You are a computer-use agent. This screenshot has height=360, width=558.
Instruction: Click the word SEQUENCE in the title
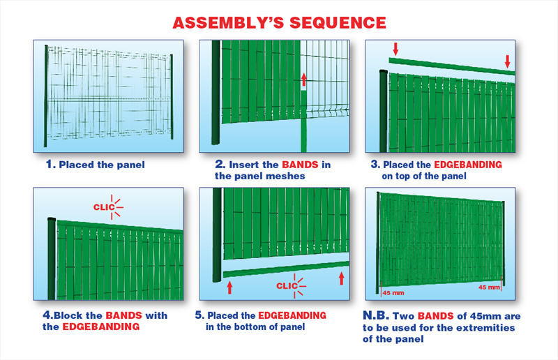(x=338, y=23)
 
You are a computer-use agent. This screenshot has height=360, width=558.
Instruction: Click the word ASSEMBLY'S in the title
(x=228, y=23)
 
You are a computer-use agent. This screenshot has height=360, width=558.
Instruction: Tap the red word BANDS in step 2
(x=300, y=165)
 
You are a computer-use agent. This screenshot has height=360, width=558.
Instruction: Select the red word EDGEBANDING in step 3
(x=468, y=165)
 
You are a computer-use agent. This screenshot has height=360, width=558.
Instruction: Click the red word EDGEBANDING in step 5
(x=292, y=315)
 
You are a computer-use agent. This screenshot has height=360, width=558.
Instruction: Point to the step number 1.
(x=50, y=165)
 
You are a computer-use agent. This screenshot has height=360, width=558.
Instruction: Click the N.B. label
(x=376, y=315)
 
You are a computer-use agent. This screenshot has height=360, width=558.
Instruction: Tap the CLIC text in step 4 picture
(x=104, y=207)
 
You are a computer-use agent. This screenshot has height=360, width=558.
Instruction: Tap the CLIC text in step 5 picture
(x=287, y=286)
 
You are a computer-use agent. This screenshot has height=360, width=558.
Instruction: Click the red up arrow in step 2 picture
(x=303, y=80)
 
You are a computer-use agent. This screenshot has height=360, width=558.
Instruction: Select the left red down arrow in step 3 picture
(x=395, y=49)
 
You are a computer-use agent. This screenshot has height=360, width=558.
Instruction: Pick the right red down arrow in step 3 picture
(x=508, y=61)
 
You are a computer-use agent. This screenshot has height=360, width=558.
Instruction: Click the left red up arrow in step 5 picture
(x=229, y=287)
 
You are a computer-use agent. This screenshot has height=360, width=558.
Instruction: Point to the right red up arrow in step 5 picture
(x=342, y=278)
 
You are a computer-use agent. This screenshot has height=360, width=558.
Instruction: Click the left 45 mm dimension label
(x=393, y=293)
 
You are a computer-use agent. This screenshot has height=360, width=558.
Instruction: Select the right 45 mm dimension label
(x=489, y=287)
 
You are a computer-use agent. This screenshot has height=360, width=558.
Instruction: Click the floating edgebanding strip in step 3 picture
(x=452, y=66)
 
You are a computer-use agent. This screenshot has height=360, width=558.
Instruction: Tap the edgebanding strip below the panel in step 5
(x=286, y=269)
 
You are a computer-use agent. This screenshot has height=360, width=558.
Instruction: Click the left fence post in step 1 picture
(x=46, y=96)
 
